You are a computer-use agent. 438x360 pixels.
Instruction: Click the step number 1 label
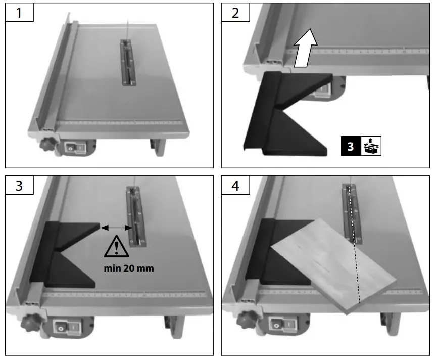pyautogui.click(x=19, y=13)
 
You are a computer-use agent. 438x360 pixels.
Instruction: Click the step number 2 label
pyautogui.click(x=235, y=13)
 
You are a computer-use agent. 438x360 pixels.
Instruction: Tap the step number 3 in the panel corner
pyautogui.click(x=19, y=186)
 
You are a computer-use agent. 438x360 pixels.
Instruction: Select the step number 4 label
pyautogui.click(x=235, y=186)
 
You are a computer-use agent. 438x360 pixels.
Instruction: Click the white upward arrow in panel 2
pyautogui.click(x=306, y=48)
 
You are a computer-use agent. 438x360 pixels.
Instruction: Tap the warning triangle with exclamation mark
pyautogui.click(x=117, y=246)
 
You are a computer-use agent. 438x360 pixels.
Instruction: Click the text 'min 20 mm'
pyautogui.click(x=129, y=268)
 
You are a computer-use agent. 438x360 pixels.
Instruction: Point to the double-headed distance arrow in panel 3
pyautogui.click(x=116, y=228)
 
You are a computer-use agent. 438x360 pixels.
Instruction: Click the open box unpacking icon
pyautogui.click(x=371, y=146)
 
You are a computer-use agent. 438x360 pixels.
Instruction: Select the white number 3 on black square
pyautogui.click(x=351, y=146)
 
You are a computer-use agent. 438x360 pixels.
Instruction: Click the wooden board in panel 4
pyautogui.click(x=334, y=265)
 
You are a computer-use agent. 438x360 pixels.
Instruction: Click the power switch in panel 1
pyautogui.click(x=75, y=147)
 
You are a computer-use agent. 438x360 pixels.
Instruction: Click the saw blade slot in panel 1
pyautogui.click(x=128, y=63)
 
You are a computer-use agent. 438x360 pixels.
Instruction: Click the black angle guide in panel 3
pyautogui.click(x=65, y=254)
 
